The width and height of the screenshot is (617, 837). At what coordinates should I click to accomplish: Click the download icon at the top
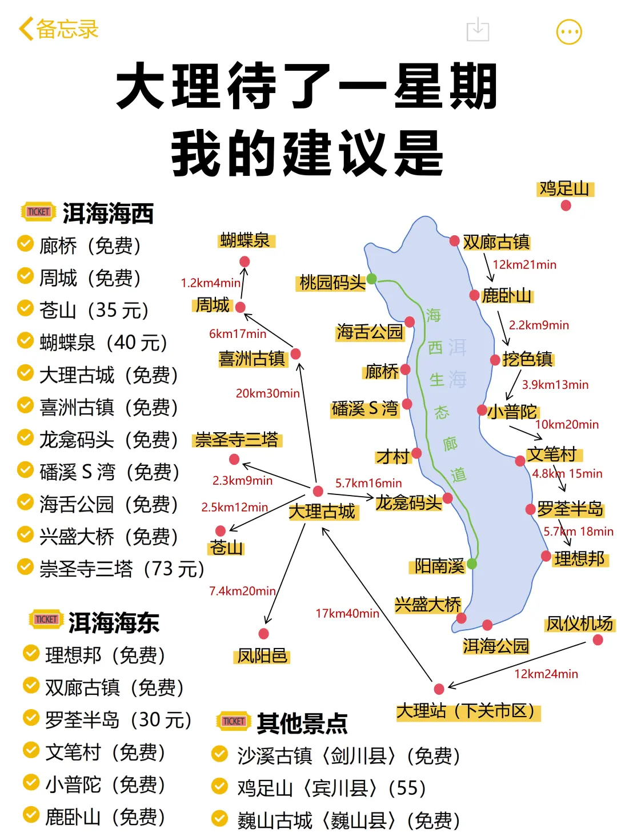(478, 30)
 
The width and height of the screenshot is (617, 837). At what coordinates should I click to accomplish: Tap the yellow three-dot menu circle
(569, 32)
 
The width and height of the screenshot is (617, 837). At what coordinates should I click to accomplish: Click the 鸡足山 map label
(564, 188)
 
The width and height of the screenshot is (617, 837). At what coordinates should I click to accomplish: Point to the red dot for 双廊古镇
(455, 241)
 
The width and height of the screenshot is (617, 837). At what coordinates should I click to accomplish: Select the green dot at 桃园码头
(371, 279)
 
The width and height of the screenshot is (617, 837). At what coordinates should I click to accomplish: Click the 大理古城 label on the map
(322, 512)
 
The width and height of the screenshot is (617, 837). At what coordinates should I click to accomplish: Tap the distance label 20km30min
(267, 393)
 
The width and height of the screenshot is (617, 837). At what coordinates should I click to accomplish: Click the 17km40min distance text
(347, 614)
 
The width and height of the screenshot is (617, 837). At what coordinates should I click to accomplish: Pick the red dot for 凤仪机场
(598, 640)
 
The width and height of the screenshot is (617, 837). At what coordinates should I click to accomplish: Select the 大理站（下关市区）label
(467, 711)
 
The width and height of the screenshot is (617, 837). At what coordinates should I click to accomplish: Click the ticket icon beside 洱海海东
(46, 620)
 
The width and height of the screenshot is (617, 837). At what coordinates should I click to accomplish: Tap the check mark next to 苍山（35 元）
(25, 308)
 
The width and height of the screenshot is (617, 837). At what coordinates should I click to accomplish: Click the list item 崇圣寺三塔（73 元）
(122, 569)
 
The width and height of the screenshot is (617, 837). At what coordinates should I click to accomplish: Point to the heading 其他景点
(302, 723)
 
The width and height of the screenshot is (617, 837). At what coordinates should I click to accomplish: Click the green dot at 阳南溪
(472, 564)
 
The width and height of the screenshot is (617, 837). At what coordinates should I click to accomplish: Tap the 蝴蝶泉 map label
(246, 240)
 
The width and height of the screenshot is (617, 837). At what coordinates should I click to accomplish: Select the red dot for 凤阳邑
(263, 634)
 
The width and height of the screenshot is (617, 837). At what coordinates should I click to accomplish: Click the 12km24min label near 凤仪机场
(546, 674)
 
